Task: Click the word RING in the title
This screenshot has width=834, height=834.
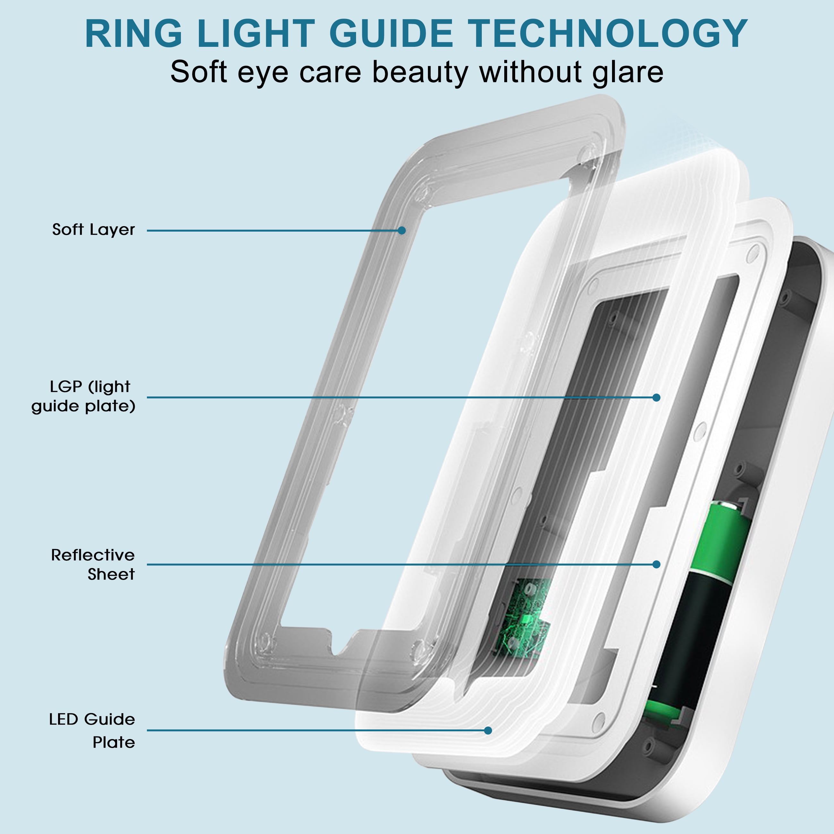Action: tap(134, 34)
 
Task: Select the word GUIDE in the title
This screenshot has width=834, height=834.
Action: tap(391, 34)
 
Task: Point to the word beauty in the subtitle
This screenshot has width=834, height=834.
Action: tap(420, 72)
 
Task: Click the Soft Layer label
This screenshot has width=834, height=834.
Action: tap(93, 230)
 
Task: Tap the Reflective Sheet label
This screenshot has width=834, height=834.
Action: tap(92, 565)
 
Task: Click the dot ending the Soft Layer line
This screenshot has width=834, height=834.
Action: tap(402, 231)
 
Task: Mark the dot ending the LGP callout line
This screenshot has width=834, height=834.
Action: tap(656, 397)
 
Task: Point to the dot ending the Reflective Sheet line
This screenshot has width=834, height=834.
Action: tap(656, 564)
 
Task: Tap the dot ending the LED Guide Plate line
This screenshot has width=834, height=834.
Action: tap(488, 730)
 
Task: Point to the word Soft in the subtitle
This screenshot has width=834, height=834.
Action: tap(198, 72)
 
